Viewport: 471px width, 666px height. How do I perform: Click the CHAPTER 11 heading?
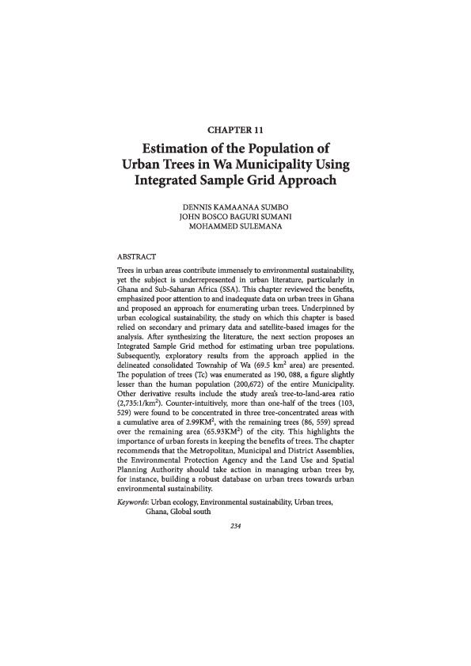coord(234,128)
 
